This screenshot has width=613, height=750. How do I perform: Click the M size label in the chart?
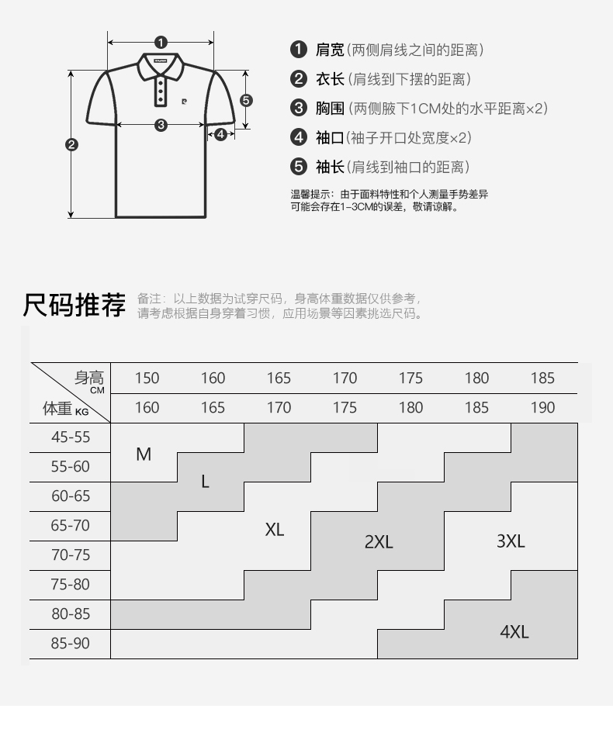click(144, 454)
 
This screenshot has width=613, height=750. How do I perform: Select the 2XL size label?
click(379, 542)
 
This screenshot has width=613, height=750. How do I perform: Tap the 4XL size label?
click(514, 632)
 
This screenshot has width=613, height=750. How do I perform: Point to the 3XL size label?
click(511, 541)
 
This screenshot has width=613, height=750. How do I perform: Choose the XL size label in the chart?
click(275, 530)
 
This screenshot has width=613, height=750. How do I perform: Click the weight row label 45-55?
click(71, 437)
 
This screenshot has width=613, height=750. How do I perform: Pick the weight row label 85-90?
click(71, 644)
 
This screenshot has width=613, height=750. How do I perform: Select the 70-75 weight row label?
click(71, 555)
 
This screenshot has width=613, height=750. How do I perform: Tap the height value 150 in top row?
click(147, 378)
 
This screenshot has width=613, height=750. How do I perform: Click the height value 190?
click(543, 408)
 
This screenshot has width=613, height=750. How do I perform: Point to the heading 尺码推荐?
click(74, 305)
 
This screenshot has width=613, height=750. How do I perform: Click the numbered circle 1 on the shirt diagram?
click(161, 43)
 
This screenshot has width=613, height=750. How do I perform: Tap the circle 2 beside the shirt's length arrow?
click(71, 143)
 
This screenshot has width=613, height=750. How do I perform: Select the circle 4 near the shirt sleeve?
click(220, 134)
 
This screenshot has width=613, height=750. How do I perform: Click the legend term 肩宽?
click(329, 50)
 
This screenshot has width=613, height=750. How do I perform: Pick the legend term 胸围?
click(329, 109)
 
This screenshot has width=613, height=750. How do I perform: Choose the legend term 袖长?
click(329, 167)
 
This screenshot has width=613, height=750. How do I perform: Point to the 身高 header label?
click(88, 378)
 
